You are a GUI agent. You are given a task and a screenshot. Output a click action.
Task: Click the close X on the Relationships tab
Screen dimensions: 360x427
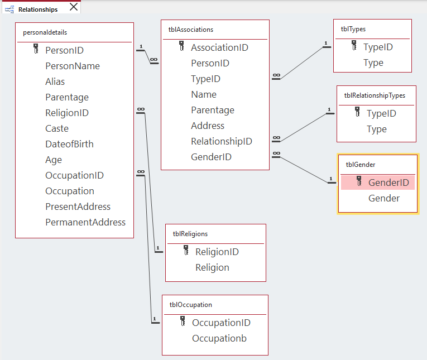(x=74, y=7)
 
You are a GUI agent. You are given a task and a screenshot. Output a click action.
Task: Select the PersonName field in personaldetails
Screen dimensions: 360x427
(x=73, y=66)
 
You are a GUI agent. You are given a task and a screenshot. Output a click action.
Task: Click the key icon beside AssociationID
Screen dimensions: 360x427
(x=181, y=47)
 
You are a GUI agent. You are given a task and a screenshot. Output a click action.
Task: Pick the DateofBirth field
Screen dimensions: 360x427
(x=69, y=144)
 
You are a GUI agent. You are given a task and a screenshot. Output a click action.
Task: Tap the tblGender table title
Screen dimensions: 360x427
(x=361, y=165)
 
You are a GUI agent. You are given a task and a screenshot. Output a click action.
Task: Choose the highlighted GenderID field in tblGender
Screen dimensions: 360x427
(x=388, y=183)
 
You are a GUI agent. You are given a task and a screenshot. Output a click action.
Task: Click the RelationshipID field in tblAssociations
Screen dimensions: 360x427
(x=222, y=141)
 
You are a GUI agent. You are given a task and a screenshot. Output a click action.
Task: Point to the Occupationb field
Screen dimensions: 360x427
(x=219, y=338)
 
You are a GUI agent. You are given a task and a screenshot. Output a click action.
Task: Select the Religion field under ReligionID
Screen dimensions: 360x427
(x=212, y=267)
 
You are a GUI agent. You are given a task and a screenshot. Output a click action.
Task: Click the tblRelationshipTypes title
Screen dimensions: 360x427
(x=375, y=95)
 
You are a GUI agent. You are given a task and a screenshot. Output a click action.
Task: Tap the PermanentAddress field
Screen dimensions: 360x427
(x=85, y=222)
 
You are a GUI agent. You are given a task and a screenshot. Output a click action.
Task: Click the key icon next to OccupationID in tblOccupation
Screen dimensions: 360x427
(x=183, y=321)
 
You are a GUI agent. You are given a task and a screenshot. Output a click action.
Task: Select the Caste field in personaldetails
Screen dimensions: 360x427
(x=57, y=128)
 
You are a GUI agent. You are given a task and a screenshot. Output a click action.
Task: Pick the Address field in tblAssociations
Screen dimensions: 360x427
(x=208, y=126)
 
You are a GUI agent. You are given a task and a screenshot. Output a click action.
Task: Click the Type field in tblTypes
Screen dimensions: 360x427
(x=373, y=63)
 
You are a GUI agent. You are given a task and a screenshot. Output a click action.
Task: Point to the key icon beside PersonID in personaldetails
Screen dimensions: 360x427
(x=36, y=49)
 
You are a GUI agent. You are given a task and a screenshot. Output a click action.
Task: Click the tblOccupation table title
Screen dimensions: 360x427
(x=191, y=305)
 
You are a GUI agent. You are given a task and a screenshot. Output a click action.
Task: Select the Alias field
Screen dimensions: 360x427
(x=55, y=81)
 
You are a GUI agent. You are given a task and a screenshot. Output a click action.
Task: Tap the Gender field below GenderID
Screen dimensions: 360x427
(x=384, y=198)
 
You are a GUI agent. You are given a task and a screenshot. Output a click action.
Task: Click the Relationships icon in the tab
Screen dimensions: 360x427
(x=9, y=9)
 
